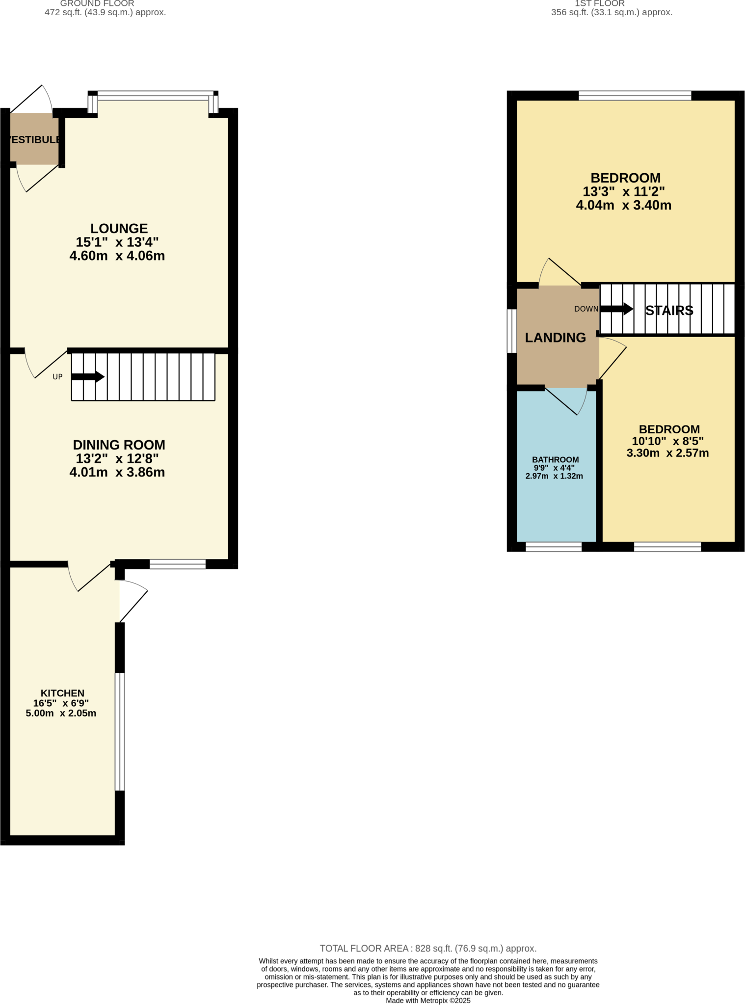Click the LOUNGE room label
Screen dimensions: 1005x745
coord(119,229)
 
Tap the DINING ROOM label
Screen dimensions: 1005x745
coord(119,445)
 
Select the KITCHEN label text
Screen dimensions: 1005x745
coord(62,693)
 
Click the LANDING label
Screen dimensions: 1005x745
coord(555,338)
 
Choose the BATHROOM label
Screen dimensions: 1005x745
coord(555,460)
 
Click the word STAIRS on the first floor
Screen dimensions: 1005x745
coord(669,311)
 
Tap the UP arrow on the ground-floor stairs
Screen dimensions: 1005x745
coord(88,377)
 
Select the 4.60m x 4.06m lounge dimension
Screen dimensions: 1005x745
coord(117,256)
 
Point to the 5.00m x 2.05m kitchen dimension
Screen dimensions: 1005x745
coord(61,713)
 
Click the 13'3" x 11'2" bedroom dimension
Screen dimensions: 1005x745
coord(623,192)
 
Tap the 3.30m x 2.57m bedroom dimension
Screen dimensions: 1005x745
coord(667,453)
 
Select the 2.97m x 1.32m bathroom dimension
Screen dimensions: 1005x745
coord(554,476)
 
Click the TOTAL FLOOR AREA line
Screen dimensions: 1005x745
coord(428,949)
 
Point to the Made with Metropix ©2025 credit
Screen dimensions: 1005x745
coord(428,1001)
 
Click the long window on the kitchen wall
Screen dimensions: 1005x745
coord(120,731)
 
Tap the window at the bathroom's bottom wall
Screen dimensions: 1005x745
coord(554,547)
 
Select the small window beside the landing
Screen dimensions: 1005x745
coord(511,331)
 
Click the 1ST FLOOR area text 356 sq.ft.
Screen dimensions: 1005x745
coord(612,12)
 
